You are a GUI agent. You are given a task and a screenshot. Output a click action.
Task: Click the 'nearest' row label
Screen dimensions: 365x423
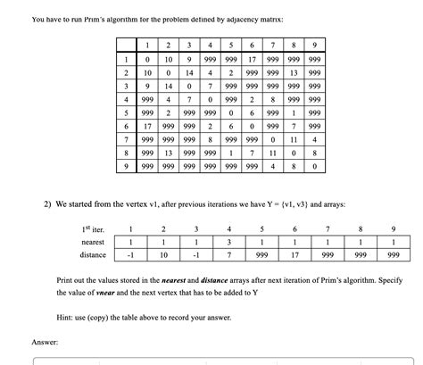tap(93, 241)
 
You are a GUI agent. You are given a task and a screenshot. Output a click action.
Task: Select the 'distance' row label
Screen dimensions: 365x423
tap(93, 254)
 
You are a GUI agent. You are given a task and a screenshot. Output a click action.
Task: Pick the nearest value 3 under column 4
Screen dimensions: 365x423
tap(229, 241)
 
